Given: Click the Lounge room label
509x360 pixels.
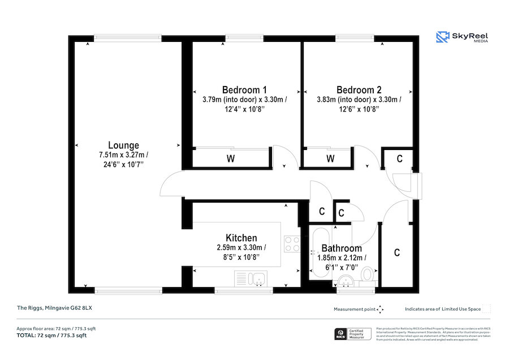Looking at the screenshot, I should coord(123,145).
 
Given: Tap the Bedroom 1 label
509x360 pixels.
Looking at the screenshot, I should coord(244,90).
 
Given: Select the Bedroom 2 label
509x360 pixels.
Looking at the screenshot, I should coord(359,90).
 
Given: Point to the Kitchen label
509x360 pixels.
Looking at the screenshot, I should coord(241,238).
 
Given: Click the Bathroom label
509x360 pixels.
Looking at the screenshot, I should coord(342,248).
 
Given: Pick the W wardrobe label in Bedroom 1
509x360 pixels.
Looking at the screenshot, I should coord(231,159).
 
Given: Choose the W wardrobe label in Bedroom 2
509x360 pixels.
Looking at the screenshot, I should coord(330,159).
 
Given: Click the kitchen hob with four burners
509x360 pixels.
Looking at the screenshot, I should coord(292,244).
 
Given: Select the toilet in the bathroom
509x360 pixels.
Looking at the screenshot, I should coord(368,276).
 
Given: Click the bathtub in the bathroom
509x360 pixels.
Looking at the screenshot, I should coord(320,252).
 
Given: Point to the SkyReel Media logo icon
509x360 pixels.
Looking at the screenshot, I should coord(442,37).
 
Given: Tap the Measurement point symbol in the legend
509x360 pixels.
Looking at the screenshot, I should coord(380,309).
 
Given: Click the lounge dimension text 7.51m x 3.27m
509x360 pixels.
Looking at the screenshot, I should coord(123,155).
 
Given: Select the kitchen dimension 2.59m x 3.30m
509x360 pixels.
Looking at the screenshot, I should coord(241,248).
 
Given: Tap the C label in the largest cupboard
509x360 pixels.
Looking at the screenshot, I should coord(397,252).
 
